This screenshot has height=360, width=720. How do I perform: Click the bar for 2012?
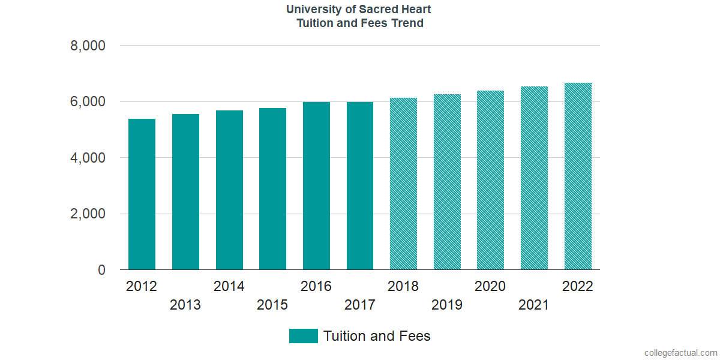coord(142,194)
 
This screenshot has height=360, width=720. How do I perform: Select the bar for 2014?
coord(229,190)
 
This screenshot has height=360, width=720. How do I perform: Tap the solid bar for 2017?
coord(360,186)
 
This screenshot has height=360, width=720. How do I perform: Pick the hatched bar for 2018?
coord(403,184)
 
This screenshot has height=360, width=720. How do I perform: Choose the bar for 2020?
coord(490,180)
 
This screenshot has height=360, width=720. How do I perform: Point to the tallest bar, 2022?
coord(578,176)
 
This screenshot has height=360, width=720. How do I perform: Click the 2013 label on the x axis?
coord(185,305)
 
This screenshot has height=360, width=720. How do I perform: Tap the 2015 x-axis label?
coord(272,305)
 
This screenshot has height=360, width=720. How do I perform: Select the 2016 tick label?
coord(316,286)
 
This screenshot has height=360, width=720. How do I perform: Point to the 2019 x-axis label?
coord(447,305)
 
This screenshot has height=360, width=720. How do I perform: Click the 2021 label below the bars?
coord(534,305)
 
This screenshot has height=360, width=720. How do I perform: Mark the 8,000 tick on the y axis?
coord(88,46)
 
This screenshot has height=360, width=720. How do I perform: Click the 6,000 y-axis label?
coord(88,102)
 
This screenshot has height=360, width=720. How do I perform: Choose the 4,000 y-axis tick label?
coord(88,158)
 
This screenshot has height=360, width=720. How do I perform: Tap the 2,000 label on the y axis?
coord(88,214)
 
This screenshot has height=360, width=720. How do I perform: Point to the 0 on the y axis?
coord(101,271)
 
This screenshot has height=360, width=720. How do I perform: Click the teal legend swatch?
coord(303,336)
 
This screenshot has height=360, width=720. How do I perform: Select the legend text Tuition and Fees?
coord(377,336)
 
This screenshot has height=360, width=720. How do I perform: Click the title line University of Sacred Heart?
coord(359,10)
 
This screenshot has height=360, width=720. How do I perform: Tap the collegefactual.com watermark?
coord(680,353)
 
